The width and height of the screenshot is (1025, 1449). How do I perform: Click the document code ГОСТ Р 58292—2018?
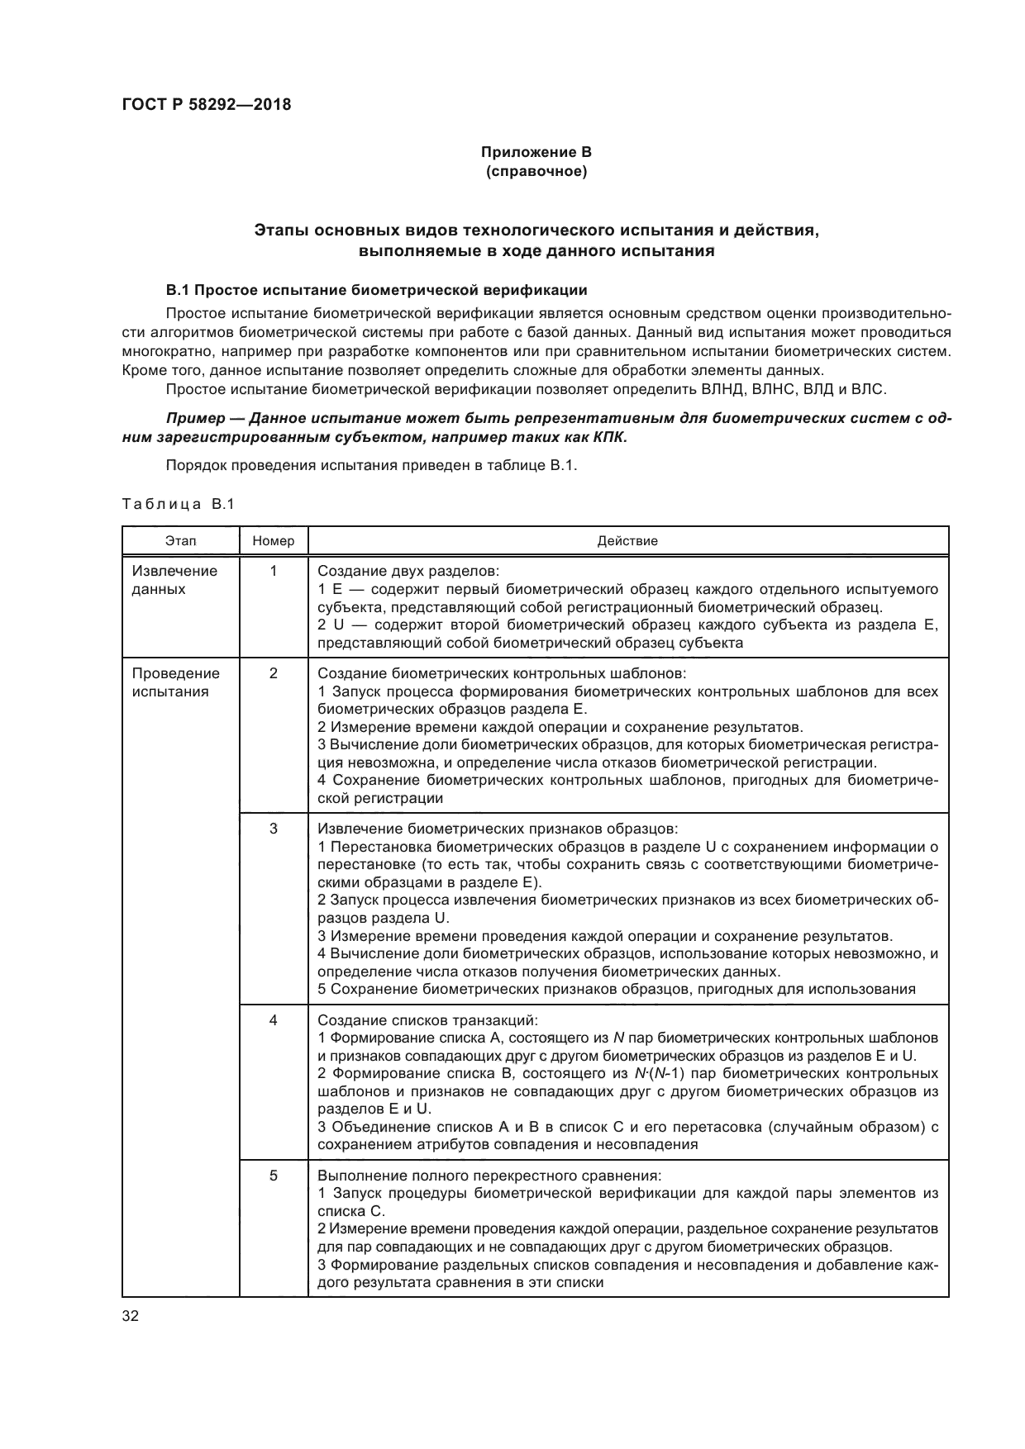click(207, 105)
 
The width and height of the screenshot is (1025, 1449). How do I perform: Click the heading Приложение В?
click(536, 152)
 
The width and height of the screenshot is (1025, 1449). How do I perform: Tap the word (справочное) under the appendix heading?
click(536, 172)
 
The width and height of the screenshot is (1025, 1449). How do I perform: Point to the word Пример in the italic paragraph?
click(195, 419)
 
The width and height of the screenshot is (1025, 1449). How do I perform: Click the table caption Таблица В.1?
click(178, 504)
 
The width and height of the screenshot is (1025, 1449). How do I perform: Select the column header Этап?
click(180, 541)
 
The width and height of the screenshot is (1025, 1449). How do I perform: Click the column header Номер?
click(274, 541)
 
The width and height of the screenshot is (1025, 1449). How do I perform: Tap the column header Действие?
click(627, 541)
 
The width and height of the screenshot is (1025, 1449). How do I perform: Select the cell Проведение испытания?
click(175, 682)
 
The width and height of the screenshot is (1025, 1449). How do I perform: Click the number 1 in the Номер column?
click(274, 571)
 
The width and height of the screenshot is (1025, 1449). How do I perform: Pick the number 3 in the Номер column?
click(274, 829)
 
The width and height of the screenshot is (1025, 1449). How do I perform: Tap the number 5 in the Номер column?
click(274, 1176)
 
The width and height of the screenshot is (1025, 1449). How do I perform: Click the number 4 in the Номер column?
click(274, 1020)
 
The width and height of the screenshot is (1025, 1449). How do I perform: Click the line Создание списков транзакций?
click(427, 1020)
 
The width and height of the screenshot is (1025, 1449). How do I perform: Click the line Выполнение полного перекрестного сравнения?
click(489, 1176)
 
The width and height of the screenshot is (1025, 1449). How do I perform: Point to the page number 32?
click(131, 1317)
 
